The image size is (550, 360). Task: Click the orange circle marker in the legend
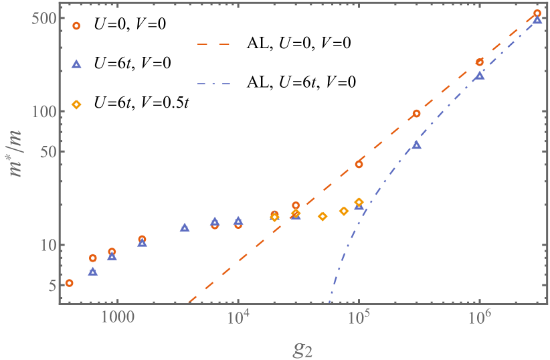point(76,26)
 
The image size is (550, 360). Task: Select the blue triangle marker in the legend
point(76,64)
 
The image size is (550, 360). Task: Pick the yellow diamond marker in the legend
point(76,104)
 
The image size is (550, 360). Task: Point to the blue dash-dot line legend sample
point(213,84)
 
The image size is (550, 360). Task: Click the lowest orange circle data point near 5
point(69,284)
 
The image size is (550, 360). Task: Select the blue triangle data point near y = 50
point(416,145)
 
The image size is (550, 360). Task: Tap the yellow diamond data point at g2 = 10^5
point(359,202)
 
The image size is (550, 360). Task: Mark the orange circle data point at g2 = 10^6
point(479,62)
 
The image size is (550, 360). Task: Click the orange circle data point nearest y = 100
point(416,114)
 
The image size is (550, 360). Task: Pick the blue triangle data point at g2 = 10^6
point(480,76)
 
